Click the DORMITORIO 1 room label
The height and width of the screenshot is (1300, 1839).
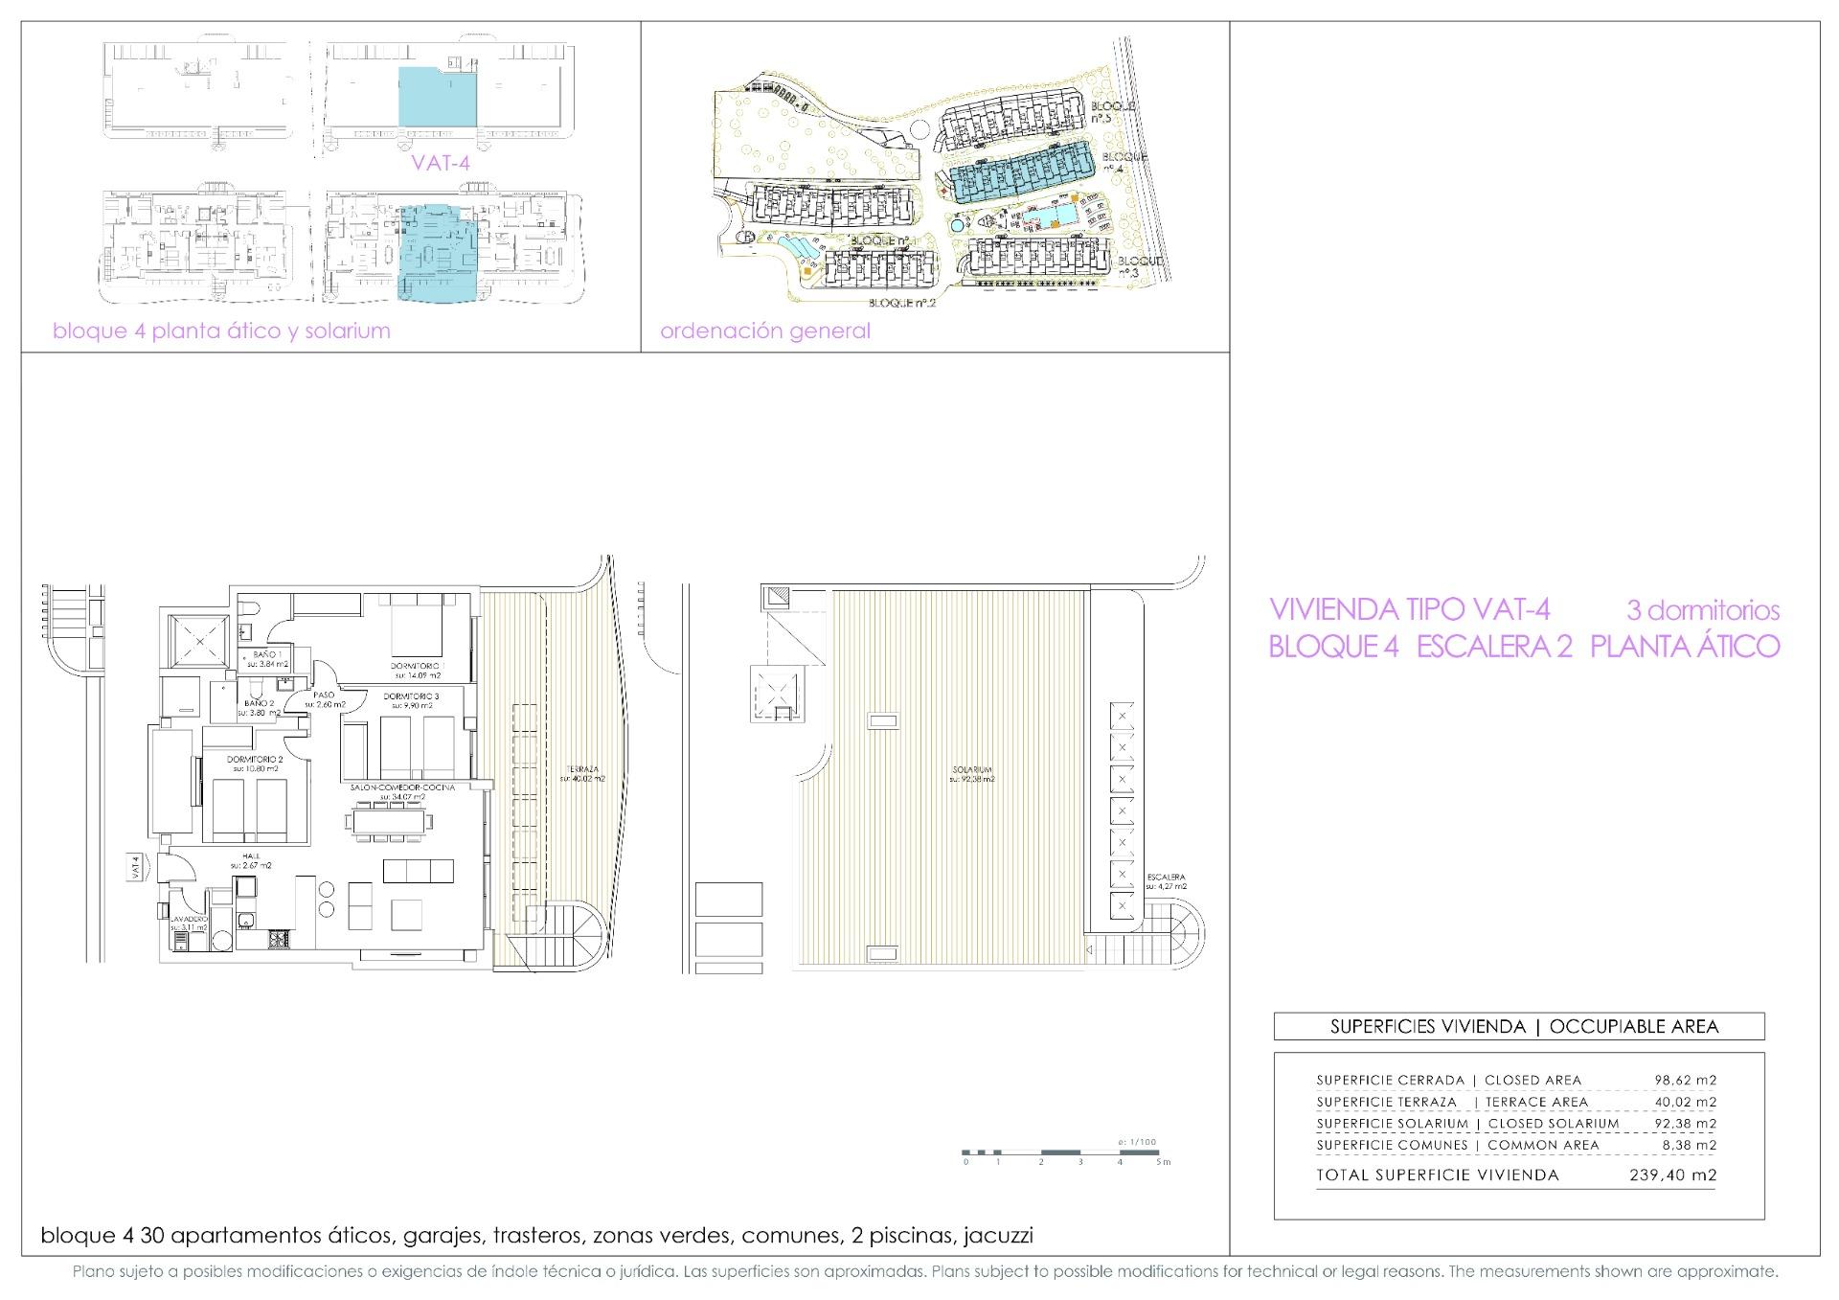[x=416, y=665]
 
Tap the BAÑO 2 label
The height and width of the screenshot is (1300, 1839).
[x=260, y=703]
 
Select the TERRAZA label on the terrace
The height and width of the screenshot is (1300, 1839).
[x=581, y=769]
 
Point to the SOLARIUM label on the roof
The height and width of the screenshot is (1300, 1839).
[x=971, y=769]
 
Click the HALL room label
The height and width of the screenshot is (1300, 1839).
[x=251, y=855]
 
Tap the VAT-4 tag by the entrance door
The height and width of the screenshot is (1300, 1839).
[x=136, y=867]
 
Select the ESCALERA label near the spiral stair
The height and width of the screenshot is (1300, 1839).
[x=1165, y=877]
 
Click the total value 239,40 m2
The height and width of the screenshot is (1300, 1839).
[x=1672, y=1175]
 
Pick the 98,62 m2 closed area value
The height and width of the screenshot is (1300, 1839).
[x=1685, y=1080]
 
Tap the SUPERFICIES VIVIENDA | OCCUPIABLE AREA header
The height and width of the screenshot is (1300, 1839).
[x=1518, y=1027]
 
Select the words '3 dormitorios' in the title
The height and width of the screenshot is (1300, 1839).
[x=1702, y=610]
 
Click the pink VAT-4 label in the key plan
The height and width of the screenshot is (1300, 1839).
[x=440, y=163]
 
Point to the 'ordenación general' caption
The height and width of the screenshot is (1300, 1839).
[x=764, y=331]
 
